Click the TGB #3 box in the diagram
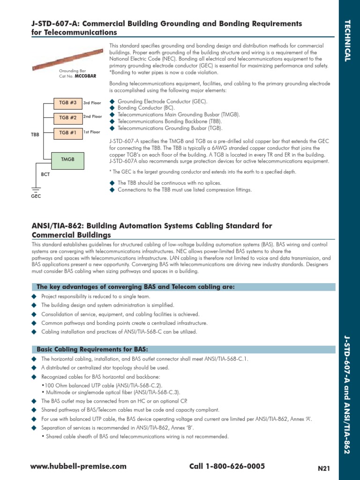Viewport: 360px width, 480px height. [x=67, y=103]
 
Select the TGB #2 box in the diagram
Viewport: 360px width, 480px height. [x=67, y=118]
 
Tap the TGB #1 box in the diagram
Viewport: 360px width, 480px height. [x=67, y=133]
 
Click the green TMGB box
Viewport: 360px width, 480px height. [x=67, y=159]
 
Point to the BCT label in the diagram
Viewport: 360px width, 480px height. [x=45, y=174]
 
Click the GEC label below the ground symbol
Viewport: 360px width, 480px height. [x=36, y=196]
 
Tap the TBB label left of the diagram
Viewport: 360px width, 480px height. [x=35, y=134]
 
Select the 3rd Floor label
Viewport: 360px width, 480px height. [x=92, y=103]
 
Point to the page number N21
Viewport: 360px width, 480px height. [x=324, y=468]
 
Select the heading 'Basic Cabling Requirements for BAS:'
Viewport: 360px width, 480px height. [x=92, y=350]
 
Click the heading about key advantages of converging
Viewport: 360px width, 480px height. [x=135, y=287]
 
